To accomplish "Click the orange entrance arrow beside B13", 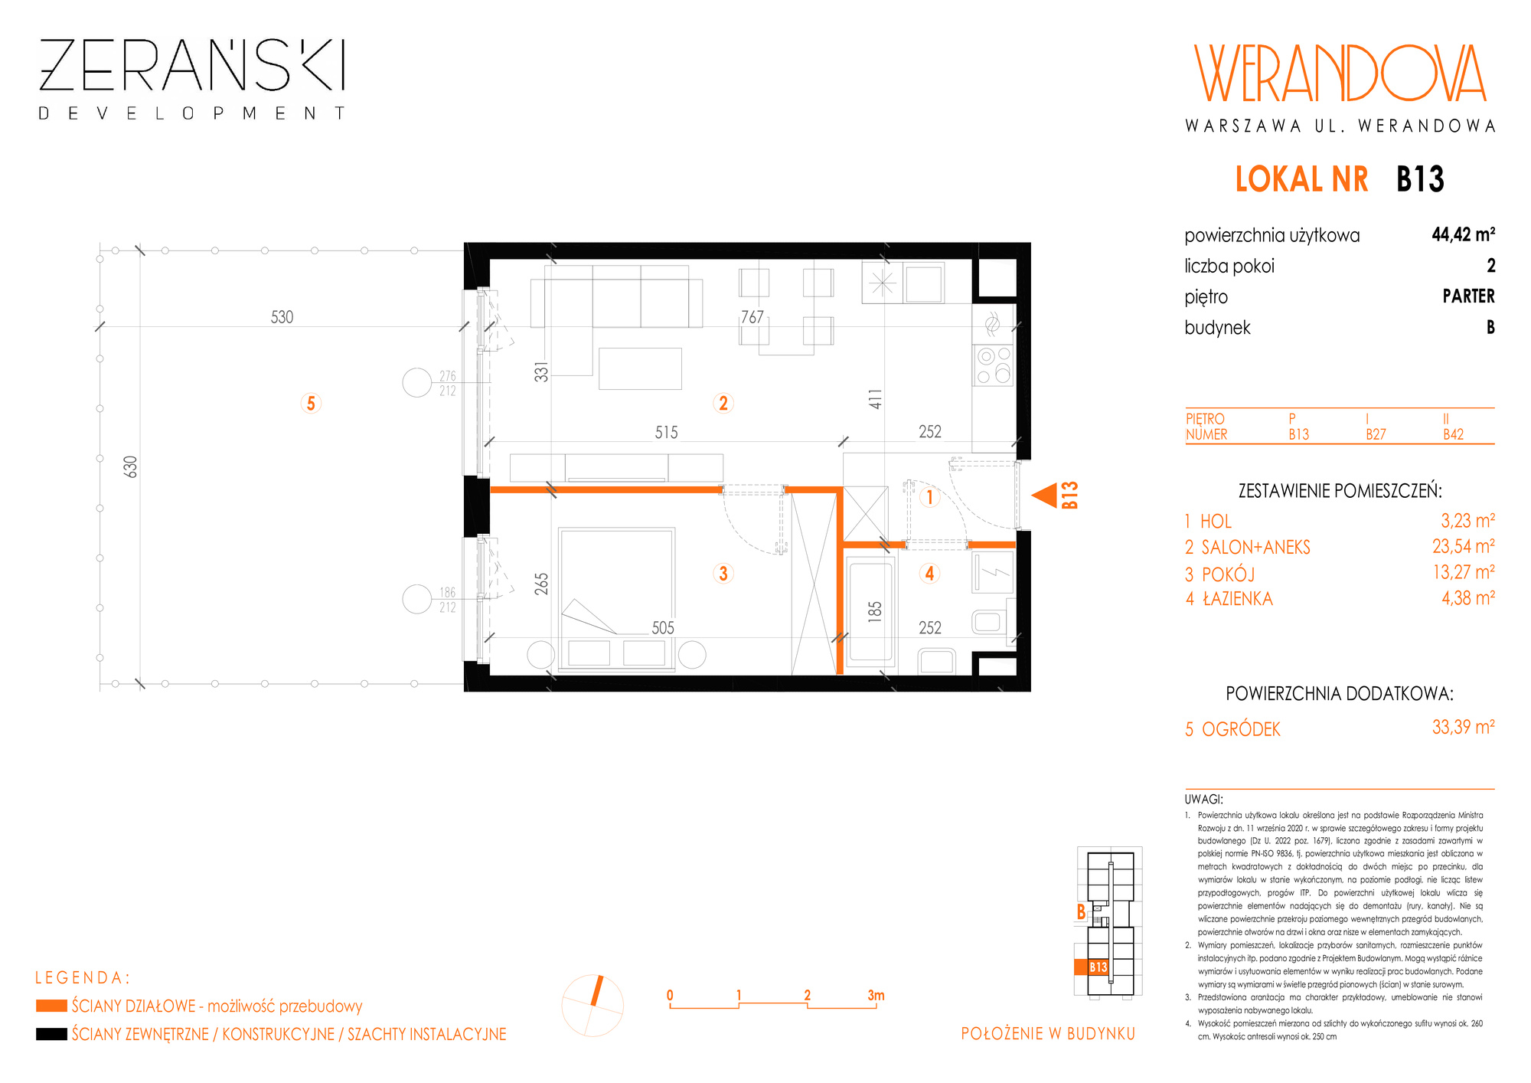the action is point(1044,495).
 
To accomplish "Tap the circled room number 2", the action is point(723,403).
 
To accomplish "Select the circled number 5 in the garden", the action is point(311,404).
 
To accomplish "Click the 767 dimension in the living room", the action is point(752,317).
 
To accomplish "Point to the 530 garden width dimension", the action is point(282,317).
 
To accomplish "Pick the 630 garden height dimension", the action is point(131,466).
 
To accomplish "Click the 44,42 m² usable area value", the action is point(1463,234).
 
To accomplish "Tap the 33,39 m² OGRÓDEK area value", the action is point(1463,727).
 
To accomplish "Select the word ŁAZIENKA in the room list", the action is point(1238,599).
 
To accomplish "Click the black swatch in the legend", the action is point(51,1034).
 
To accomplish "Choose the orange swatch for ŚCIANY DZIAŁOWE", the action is point(51,1006).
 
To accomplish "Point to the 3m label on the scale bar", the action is point(876,995).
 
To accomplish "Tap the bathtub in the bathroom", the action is point(870,612).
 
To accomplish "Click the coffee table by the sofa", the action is point(640,368).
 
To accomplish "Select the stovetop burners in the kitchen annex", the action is point(994,365).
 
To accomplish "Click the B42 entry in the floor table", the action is point(1453,434).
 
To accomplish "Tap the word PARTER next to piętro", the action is point(1468,296).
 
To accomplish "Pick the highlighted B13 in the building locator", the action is point(1098,967).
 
